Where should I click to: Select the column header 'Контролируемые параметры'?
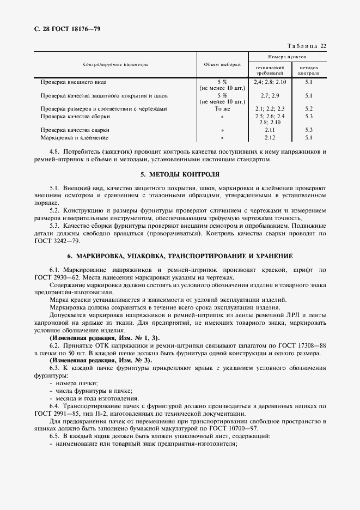pos(115,64)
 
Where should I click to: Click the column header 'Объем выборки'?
pos(222,64)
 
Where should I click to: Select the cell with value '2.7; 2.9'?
pos(269,95)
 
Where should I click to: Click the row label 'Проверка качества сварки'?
pos(75,130)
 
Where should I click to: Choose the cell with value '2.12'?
pos(270,138)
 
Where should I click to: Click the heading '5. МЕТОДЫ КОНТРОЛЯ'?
pos(180,174)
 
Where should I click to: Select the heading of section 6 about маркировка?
pos(180,256)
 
